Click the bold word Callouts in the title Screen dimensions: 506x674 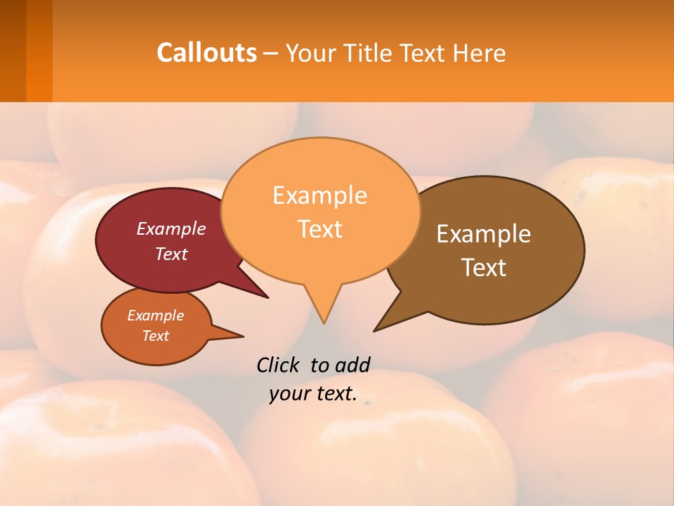click(x=206, y=53)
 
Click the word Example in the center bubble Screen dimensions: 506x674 click(x=319, y=195)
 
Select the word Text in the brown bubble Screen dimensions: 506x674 click(x=484, y=267)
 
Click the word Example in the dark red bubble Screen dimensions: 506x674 click(x=171, y=228)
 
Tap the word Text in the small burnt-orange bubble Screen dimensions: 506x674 click(x=156, y=336)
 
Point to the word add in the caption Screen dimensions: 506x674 click(x=352, y=365)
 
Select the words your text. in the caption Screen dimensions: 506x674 click(x=313, y=394)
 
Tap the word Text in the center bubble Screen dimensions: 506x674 click(x=320, y=228)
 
